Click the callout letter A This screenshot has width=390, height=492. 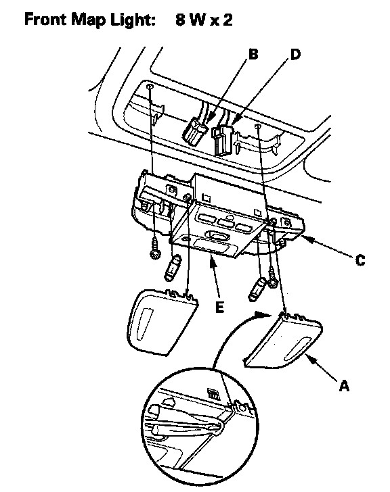(x=345, y=386)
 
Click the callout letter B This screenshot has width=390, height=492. (x=253, y=54)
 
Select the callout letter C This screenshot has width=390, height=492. (x=360, y=260)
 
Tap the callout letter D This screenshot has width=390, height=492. (x=295, y=54)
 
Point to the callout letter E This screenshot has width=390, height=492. (x=219, y=307)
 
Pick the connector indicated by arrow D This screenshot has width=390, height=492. (x=223, y=141)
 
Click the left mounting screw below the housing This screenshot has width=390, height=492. (x=155, y=249)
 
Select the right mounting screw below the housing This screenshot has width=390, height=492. (x=272, y=277)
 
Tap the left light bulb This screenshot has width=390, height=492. (x=173, y=268)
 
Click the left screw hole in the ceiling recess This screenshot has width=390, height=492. (x=150, y=87)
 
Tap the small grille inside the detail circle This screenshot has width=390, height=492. (x=214, y=394)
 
